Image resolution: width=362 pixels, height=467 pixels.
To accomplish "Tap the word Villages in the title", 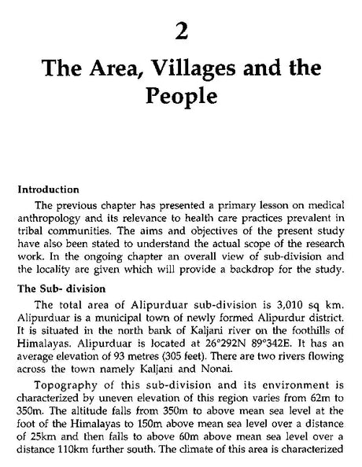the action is [x=192, y=74].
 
